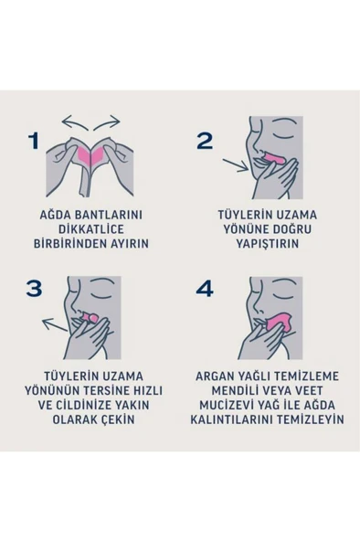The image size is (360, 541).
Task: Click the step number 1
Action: (34, 141)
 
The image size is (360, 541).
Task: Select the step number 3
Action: (34, 289)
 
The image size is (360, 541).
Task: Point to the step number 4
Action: (206, 289)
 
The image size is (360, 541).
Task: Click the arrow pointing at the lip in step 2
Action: (236, 167)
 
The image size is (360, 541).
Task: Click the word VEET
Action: (316, 391)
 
